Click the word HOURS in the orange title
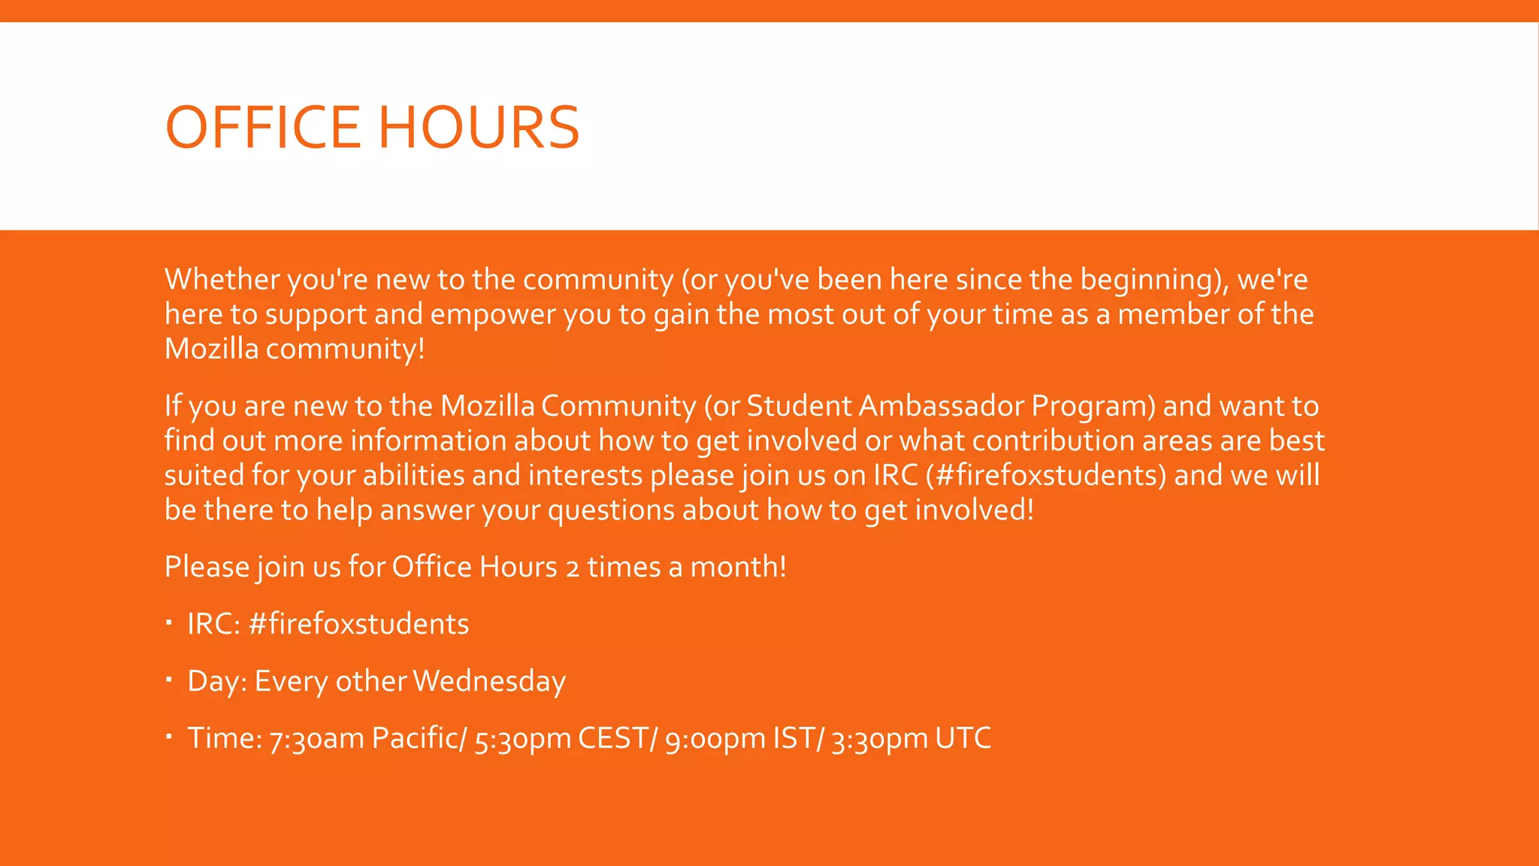pyautogui.click(x=479, y=127)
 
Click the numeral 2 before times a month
pyautogui.click(x=573, y=568)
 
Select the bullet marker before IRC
pyautogui.click(x=169, y=622)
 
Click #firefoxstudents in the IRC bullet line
pyautogui.click(x=358, y=624)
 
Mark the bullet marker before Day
pyautogui.click(x=169, y=680)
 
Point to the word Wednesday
pyautogui.click(x=489, y=681)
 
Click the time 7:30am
pyautogui.click(x=316, y=738)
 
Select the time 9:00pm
pyautogui.click(x=715, y=740)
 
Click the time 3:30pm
pyautogui.click(x=879, y=740)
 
